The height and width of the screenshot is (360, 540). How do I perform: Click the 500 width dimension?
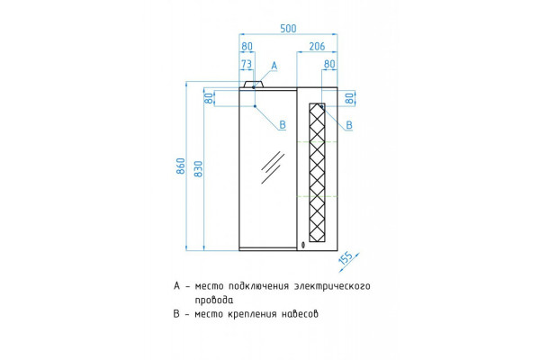point(288,29)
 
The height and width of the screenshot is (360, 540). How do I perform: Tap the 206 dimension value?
point(317,46)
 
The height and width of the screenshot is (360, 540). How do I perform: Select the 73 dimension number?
point(247,64)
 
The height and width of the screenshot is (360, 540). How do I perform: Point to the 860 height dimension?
point(181,166)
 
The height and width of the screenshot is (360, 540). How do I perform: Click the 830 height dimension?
point(199,169)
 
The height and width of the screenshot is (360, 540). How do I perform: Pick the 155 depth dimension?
point(346,257)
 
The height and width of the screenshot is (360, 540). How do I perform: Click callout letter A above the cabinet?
point(274,66)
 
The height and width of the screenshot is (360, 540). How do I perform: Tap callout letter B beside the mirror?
point(283,125)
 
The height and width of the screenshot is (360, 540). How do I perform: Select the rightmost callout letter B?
point(349,125)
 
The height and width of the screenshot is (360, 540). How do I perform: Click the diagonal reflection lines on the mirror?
point(273,167)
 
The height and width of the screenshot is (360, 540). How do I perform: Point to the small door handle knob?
point(302,245)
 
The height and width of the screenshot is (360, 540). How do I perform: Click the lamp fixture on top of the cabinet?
point(254,85)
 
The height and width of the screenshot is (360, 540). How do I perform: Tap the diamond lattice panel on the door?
point(317,172)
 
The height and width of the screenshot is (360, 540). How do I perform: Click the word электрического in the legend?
point(332,286)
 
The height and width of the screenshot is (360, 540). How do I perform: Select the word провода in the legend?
point(214,300)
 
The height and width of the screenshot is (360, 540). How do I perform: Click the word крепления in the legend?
point(252,314)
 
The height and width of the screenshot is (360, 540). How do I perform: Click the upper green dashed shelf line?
point(317,141)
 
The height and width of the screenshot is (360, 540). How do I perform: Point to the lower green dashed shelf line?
point(317,196)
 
